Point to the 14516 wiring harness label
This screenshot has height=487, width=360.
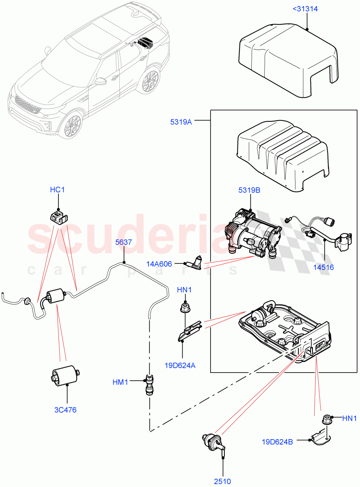point(323,267)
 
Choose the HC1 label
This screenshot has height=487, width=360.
point(57,190)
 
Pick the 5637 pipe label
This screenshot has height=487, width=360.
point(123,242)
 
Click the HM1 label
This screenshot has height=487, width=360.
point(121,382)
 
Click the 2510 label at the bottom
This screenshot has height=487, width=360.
point(223,482)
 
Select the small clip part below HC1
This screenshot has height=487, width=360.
point(58,216)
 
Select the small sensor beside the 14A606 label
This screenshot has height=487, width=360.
point(196,263)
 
